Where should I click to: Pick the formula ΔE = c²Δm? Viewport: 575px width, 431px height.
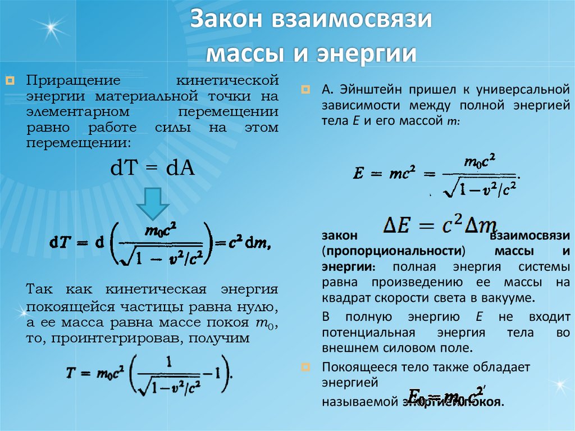click(440, 225)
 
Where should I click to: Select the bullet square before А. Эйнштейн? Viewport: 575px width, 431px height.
click(305, 89)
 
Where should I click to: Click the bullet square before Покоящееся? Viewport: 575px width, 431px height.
click(305, 368)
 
